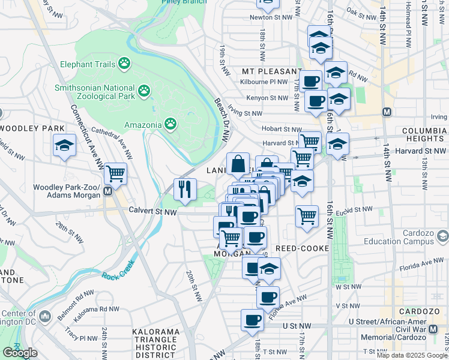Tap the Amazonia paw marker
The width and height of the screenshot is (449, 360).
[x=171, y=124]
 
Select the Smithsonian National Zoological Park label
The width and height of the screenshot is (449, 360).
[x=94, y=91]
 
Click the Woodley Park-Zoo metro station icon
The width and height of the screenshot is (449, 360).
[x=107, y=191]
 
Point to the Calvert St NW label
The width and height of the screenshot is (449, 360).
[x=153, y=211]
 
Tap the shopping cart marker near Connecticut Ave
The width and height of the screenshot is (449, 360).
[x=115, y=173]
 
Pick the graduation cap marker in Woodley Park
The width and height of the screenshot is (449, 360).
[x=64, y=146]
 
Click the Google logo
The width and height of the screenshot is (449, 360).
[x=20, y=353]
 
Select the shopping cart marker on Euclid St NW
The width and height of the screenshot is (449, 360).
[x=307, y=215]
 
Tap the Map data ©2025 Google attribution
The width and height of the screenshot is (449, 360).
[x=412, y=355]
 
